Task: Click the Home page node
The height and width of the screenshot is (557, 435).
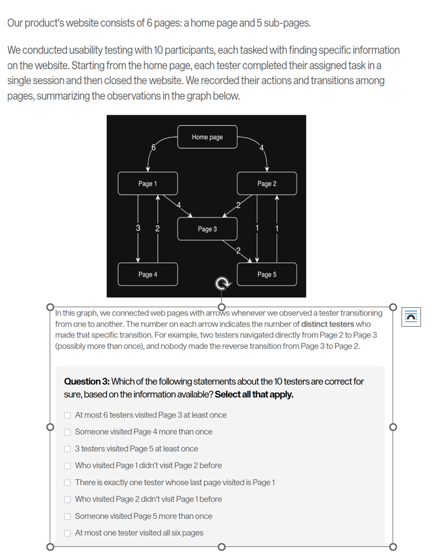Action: point(207,137)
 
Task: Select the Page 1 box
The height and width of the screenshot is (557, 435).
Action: point(148,183)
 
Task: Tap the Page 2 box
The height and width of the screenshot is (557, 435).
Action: point(266,183)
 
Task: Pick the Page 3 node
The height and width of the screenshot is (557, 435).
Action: point(207,229)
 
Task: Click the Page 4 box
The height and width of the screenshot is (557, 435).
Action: point(148,274)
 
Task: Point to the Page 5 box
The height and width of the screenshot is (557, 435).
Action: point(266,274)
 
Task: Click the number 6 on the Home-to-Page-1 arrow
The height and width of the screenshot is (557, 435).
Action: point(153,147)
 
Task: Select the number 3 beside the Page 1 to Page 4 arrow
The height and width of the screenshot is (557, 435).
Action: point(138,228)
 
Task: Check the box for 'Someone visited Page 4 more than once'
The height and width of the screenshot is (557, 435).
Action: point(68,432)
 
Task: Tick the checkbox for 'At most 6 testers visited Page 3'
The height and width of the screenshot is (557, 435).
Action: point(68,415)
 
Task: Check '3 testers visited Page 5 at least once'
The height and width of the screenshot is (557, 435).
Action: point(68,449)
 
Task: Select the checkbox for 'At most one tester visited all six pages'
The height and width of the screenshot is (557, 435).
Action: point(68,533)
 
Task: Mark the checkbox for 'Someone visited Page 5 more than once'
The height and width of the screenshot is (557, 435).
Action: point(68,516)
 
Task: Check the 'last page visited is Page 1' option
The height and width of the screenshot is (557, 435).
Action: point(68,483)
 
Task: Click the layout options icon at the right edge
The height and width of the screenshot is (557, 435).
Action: point(411,317)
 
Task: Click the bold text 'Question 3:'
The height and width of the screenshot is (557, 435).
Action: point(87,382)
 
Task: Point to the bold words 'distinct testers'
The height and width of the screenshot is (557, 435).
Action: point(327,324)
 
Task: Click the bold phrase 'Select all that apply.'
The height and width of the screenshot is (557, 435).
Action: point(254,395)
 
